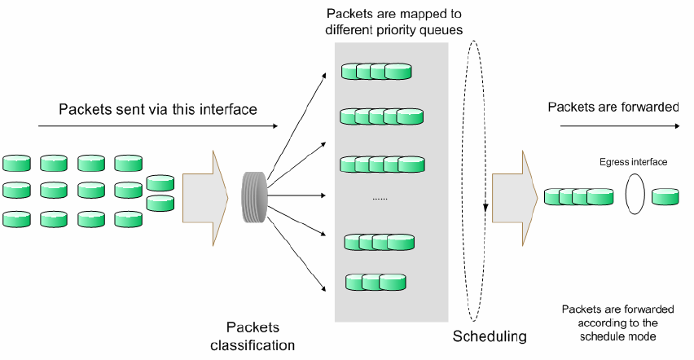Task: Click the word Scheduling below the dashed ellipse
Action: (x=490, y=336)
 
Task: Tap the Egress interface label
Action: (x=634, y=162)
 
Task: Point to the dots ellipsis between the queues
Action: (x=380, y=198)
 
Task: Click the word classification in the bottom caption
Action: (x=253, y=345)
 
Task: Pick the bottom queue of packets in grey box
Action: (x=376, y=282)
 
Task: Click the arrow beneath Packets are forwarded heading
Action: (x=613, y=126)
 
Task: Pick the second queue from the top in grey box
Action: (x=380, y=116)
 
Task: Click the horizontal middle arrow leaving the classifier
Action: (x=302, y=195)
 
